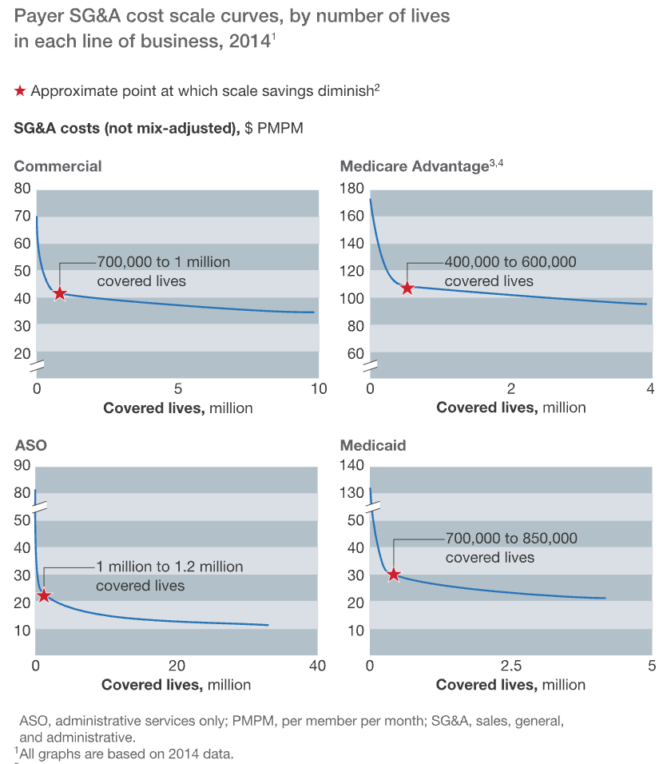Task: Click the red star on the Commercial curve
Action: pos(59,293)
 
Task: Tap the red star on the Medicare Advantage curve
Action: pos(407,288)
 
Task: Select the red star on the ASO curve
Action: pos(44,595)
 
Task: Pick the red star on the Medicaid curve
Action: pos(393,574)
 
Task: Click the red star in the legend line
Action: pos(20,91)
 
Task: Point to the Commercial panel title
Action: pos(58,166)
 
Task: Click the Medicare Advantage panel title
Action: pos(414,166)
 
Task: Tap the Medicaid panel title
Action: pos(373,445)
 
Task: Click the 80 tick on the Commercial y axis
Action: pos(22,189)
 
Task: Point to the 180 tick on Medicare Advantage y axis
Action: pos(351,189)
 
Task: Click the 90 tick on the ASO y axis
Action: pos(22,466)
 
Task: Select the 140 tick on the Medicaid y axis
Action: pos(351,466)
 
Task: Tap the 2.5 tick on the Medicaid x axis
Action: pos(510,666)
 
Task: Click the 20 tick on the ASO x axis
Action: pos(177,666)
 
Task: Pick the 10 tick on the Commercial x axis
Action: pos(318,389)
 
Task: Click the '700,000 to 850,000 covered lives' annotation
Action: pos(511,547)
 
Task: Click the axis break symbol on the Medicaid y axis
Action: pos(371,507)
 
